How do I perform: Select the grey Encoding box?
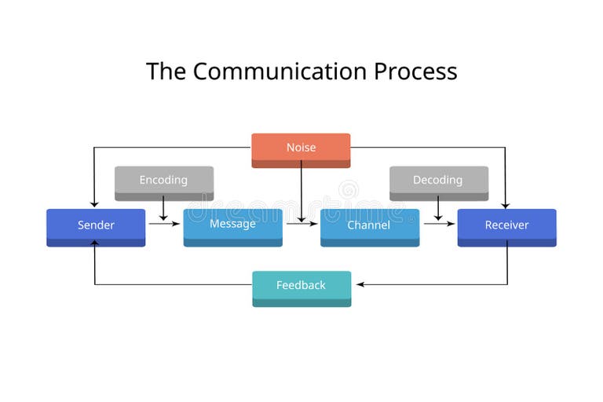coord(163,181)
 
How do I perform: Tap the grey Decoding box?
coord(438,181)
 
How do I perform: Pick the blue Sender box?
coord(96,226)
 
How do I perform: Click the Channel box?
coord(369,226)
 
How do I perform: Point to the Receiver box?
coord(506,226)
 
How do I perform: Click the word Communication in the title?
coord(280,71)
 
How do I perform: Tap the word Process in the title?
coord(415,71)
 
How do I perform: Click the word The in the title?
coord(166,71)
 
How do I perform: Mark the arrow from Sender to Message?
coord(164,224)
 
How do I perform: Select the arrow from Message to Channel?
coord(301,224)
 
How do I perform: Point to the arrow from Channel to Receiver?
coord(439,224)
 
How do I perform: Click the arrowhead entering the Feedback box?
coord(356,284)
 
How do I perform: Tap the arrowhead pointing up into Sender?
coord(95,243)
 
